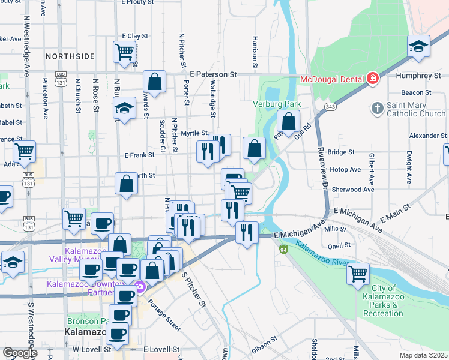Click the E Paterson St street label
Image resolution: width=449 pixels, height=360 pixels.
[x=212, y=75]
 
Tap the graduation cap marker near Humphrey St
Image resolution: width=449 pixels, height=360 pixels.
[x=418, y=46]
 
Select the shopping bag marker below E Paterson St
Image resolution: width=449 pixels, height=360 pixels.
[x=154, y=82]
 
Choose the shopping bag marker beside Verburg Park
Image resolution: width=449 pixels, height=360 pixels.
[x=289, y=121]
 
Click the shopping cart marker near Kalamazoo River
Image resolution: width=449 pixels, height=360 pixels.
[x=358, y=274]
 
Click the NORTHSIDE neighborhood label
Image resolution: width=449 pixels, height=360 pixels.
[x=70, y=56]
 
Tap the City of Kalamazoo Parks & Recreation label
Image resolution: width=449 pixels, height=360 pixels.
[x=383, y=301]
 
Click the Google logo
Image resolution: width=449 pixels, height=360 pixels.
[x=20, y=352]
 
